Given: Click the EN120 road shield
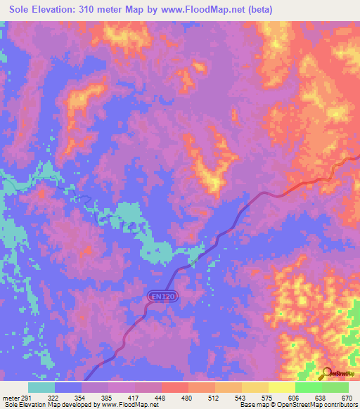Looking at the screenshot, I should (x=162, y=297).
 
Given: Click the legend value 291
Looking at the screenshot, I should (x=27, y=397).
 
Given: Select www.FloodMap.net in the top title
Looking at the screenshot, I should (x=199, y=9).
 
